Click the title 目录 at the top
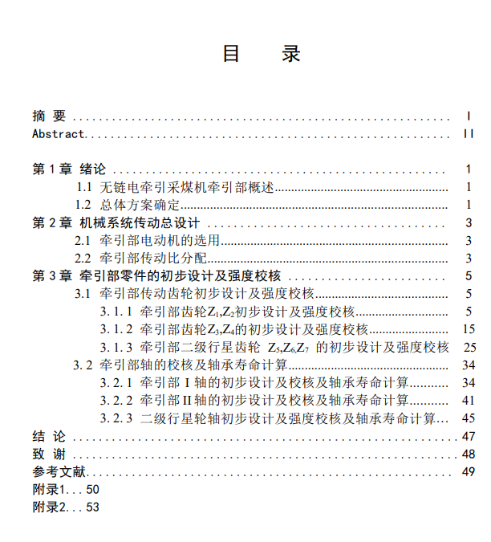click(261, 54)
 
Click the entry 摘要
click(49, 116)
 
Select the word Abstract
click(58, 133)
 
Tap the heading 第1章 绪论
click(68, 169)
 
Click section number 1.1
click(84, 187)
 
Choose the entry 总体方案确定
click(140, 205)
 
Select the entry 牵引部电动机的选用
click(160, 240)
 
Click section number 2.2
click(83, 258)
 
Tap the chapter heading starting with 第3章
click(156, 275)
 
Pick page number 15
click(469, 329)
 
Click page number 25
click(469, 347)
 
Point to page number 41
click(469, 400)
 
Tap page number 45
click(469, 418)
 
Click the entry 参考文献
click(59, 471)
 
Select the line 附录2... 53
click(66, 507)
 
